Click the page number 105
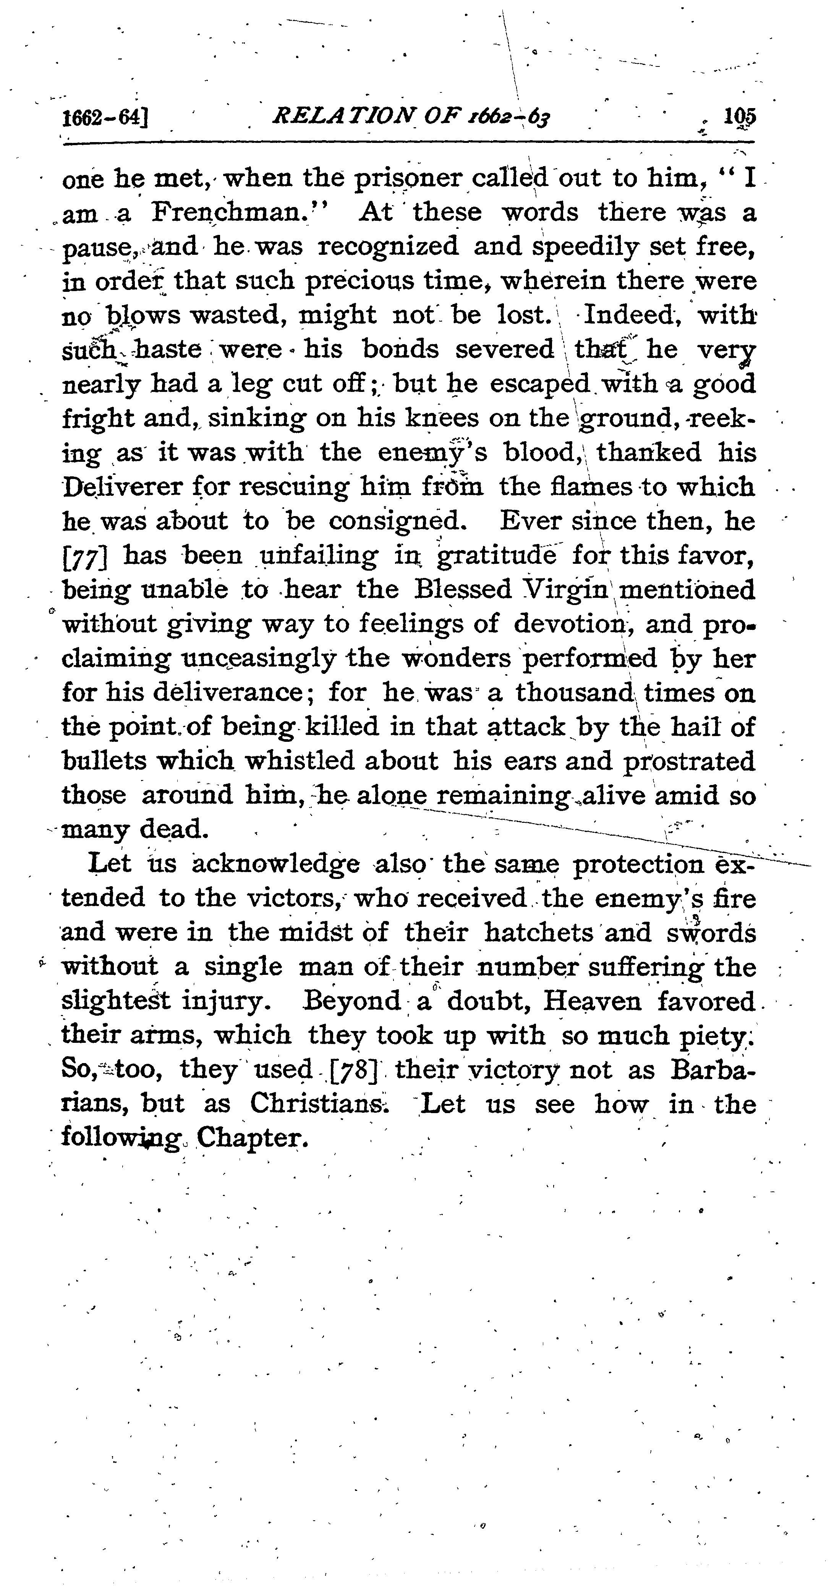[740, 117]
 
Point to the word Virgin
[564, 590]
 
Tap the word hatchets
[538, 933]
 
